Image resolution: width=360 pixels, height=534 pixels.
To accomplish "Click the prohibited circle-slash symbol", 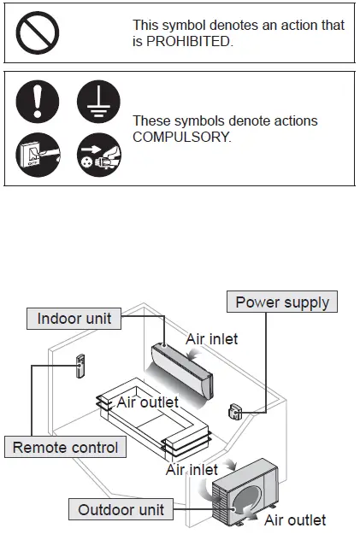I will pos(38,32).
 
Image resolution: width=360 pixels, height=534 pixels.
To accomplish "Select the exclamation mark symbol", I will pos(38,104).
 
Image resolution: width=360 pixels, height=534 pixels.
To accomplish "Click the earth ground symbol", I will pos(97,104).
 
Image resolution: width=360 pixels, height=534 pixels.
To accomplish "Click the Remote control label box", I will pos(65,446).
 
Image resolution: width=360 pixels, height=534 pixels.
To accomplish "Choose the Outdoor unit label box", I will pos(121,510).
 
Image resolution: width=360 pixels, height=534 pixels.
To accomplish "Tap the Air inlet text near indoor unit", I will pos(212,338).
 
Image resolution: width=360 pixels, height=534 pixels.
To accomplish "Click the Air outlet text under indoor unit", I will pos(147,402).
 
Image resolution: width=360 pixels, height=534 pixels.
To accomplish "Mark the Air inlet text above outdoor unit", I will pos(192,469).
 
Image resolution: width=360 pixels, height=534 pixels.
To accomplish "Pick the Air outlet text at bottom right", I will pos(294,519).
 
